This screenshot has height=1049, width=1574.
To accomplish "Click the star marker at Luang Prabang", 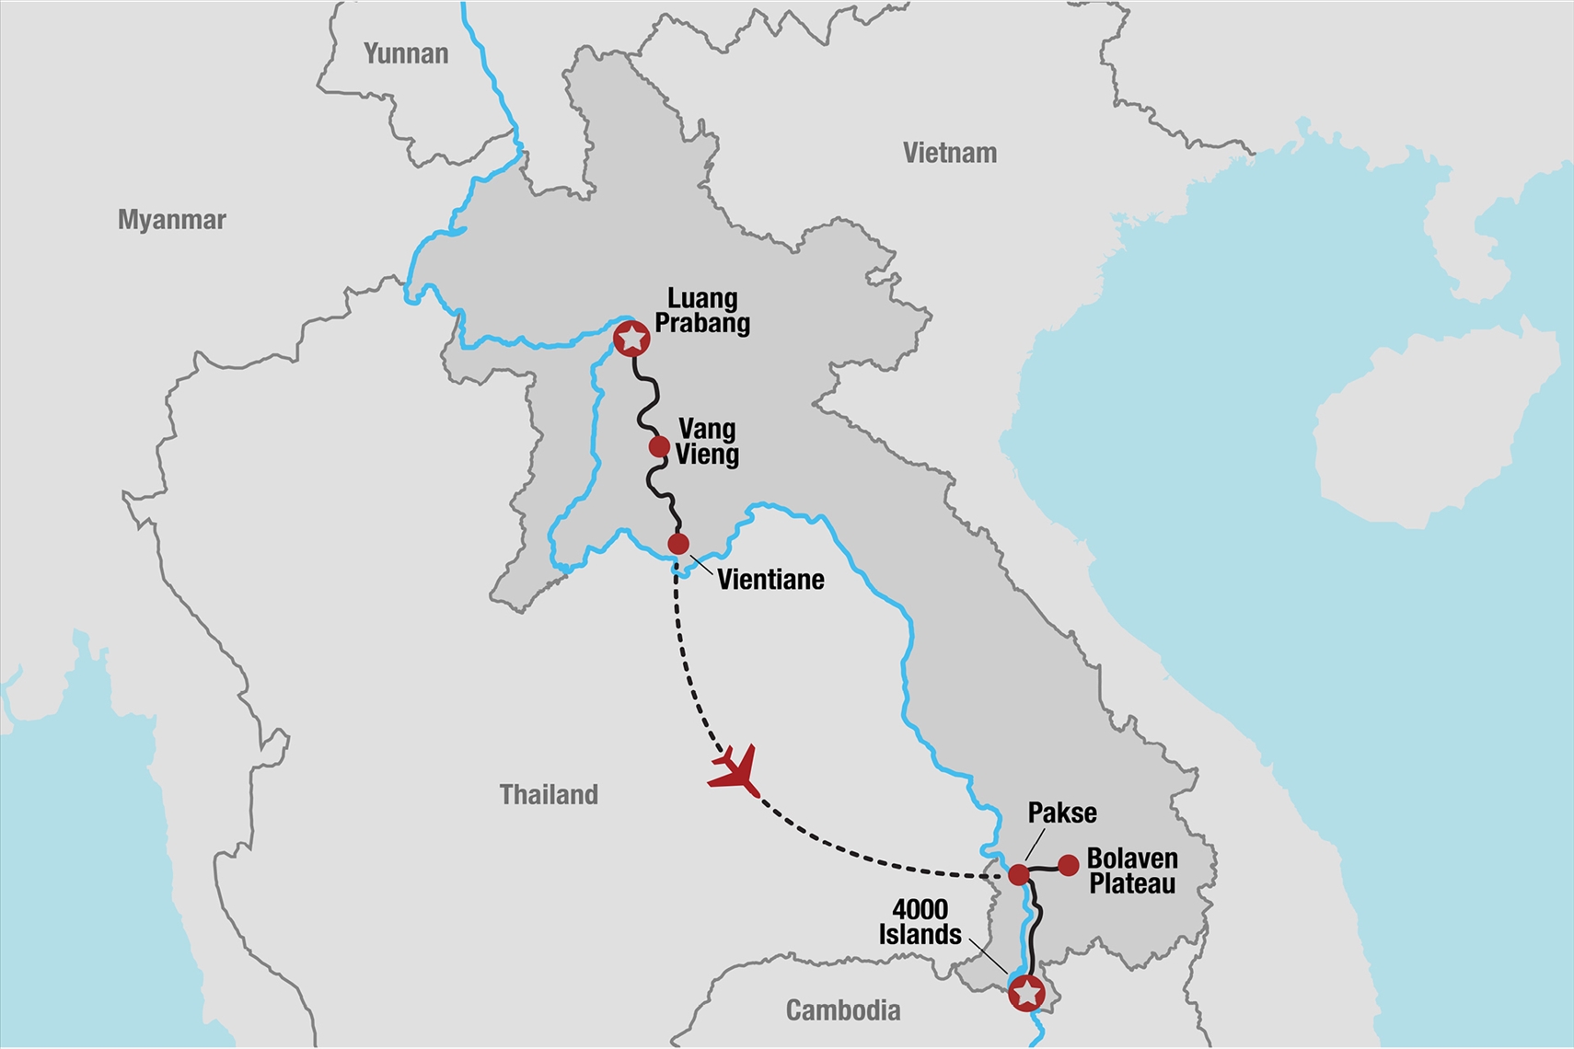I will coord(631,339).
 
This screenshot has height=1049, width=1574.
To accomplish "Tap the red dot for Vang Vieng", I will coord(659,447).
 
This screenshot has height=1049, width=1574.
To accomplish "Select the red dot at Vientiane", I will coord(678,544).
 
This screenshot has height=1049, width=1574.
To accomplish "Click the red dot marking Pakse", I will coord(1018,874).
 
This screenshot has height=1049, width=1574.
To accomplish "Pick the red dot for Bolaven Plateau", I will coord(1068,865).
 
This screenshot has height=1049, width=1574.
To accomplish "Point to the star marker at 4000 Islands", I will coord(1026,993).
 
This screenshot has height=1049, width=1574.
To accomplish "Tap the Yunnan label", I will coord(406,54).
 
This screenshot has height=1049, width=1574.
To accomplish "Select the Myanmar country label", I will coord(172,220).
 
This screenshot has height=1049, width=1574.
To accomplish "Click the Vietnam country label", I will coord(949,153).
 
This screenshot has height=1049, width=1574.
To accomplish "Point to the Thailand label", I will coord(549,794).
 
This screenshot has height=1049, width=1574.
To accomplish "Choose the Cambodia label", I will coord(842,1010).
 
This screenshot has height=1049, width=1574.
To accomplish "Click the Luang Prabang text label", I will coord(702,311).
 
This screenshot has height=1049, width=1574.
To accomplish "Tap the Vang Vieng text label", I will coord(707,442).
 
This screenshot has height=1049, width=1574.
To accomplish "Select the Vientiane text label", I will coord(770,580).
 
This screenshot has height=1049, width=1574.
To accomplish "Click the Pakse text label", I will coord(1062,813).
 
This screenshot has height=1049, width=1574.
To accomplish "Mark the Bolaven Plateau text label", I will coord(1132,871).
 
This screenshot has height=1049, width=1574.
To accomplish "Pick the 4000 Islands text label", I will coord(920,922).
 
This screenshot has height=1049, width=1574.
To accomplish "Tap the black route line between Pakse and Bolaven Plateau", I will coord(1044,868).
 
